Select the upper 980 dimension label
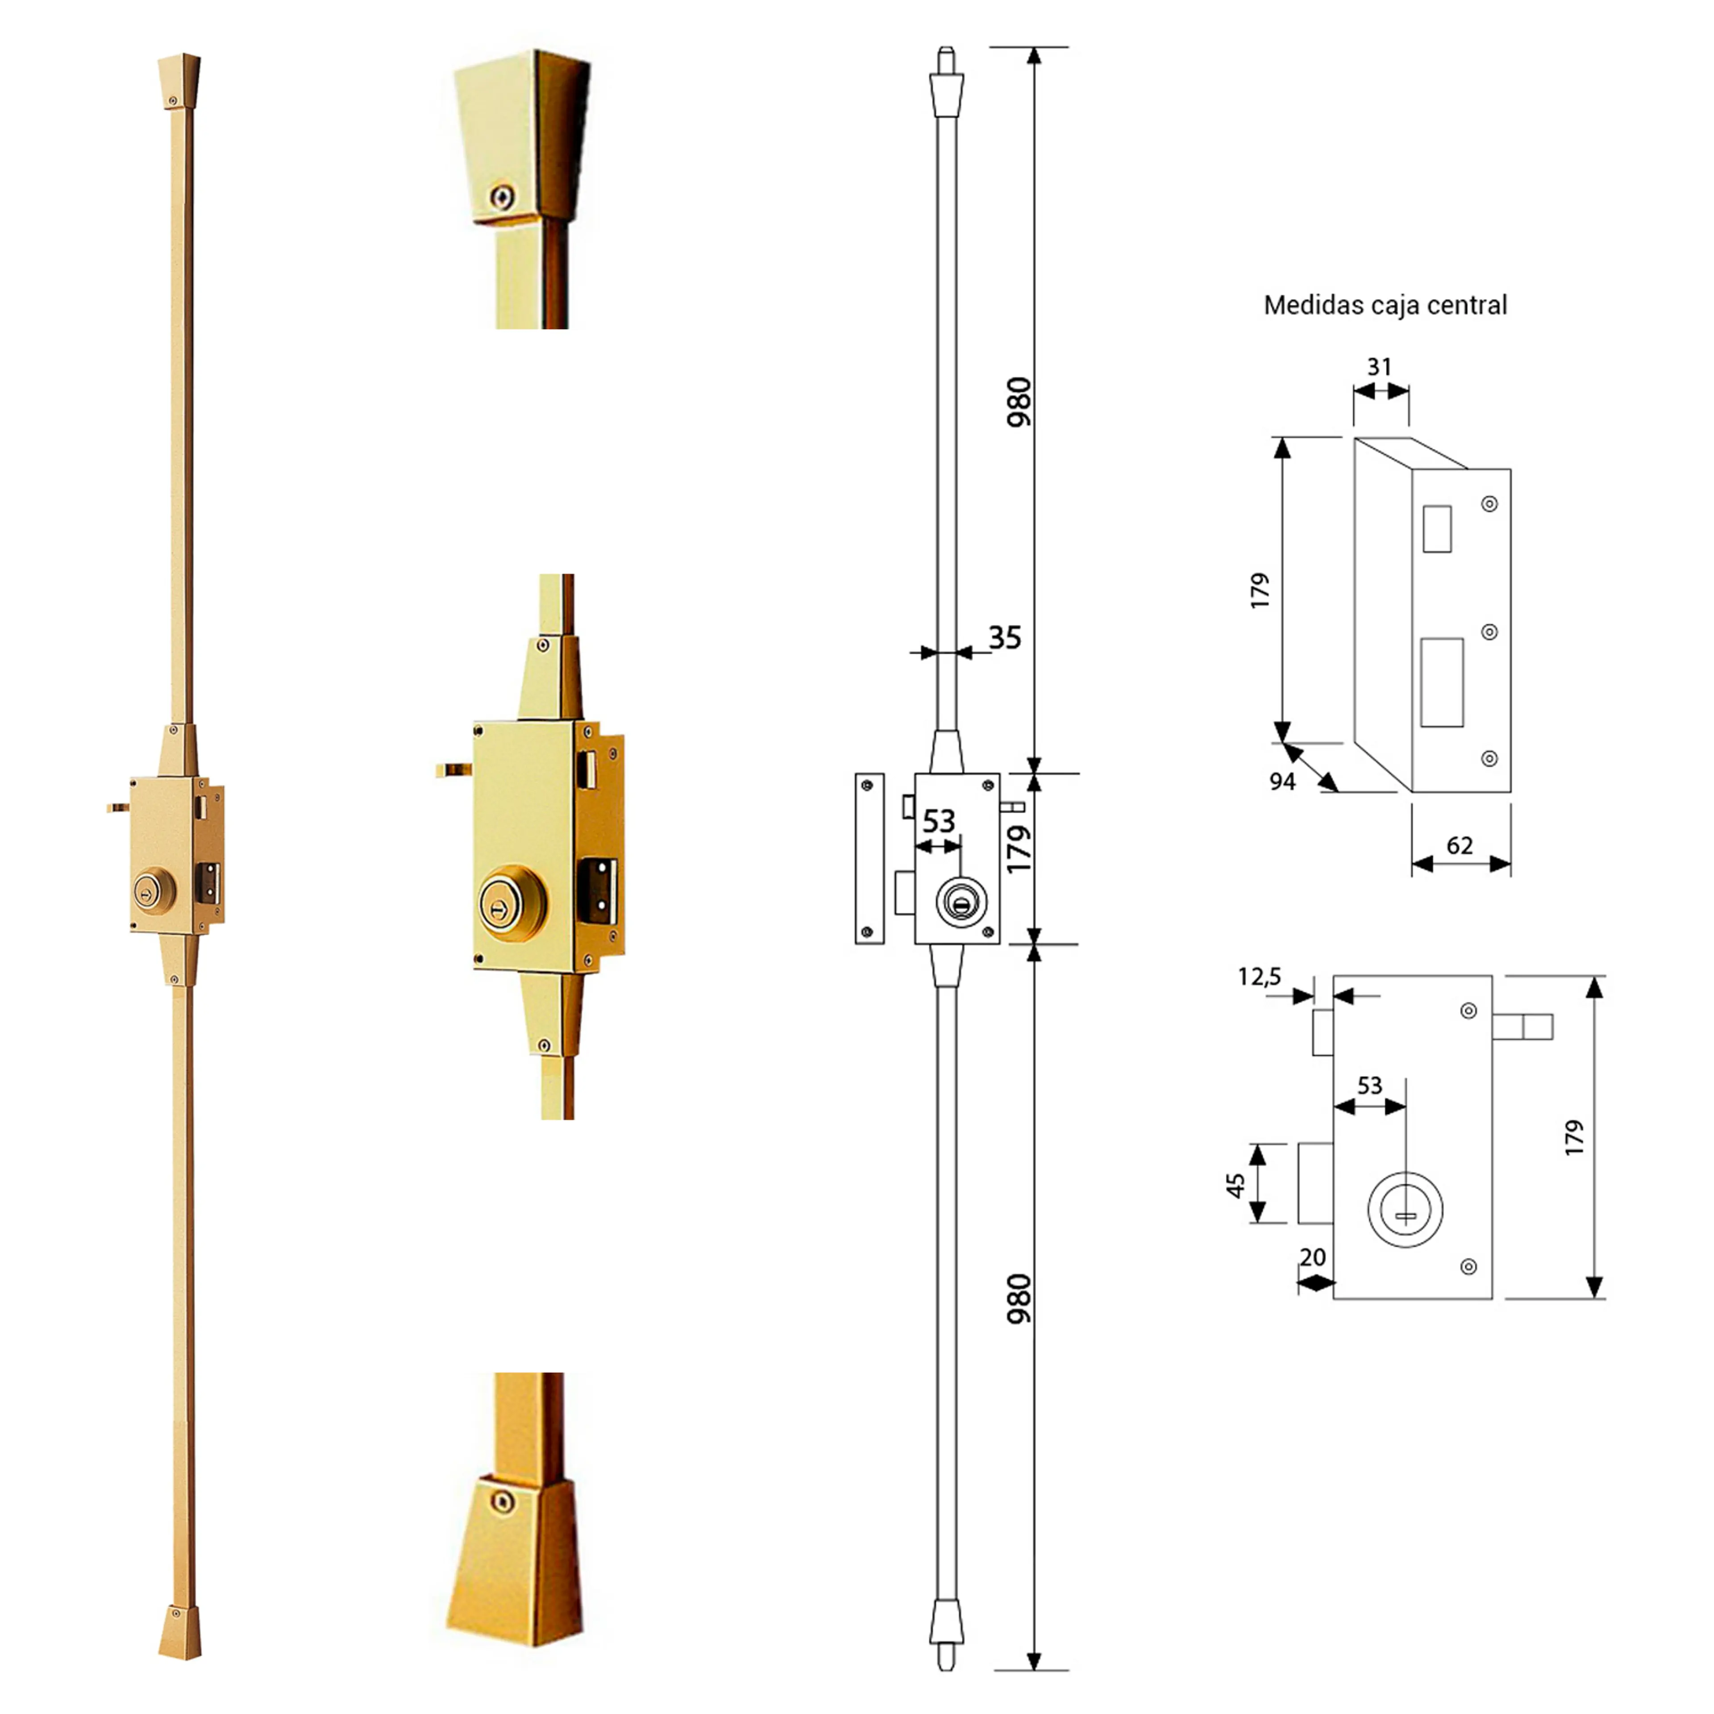pos(1019,402)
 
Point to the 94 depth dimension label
pos(1282,782)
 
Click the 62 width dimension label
pos(1460,845)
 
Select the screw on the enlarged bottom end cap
pos(502,1502)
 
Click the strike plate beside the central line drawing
pos(869,858)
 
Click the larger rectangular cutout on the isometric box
pos(1442,682)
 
